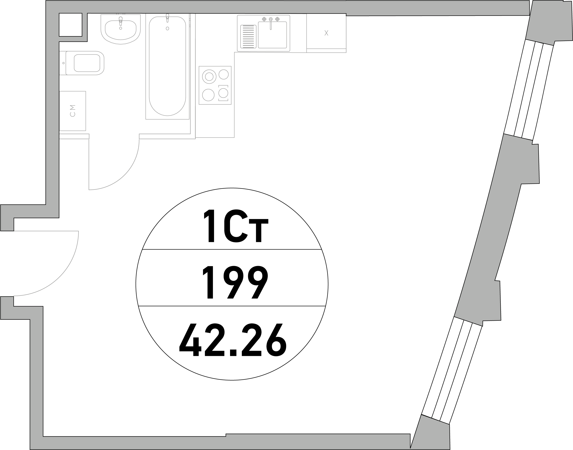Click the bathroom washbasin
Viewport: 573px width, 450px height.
click(x=120, y=29)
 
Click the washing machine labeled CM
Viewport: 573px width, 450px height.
click(x=73, y=111)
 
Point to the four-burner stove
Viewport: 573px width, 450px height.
click(x=215, y=85)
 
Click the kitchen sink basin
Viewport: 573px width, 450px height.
click(x=272, y=35)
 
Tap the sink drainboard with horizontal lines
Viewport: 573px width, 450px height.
click(x=248, y=37)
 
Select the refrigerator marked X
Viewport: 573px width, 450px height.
click(x=326, y=33)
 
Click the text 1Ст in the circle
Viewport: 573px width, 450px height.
click(x=236, y=226)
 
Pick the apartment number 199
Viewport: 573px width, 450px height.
click(x=235, y=282)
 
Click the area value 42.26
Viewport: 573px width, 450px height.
click(x=233, y=340)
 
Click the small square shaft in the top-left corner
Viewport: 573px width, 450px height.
click(x=70, y=25)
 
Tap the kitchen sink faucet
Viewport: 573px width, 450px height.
click(x=271, y=23)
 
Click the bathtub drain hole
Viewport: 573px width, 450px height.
click(x=167, y=29)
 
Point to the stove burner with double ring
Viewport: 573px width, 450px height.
click(x=209, y=77)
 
